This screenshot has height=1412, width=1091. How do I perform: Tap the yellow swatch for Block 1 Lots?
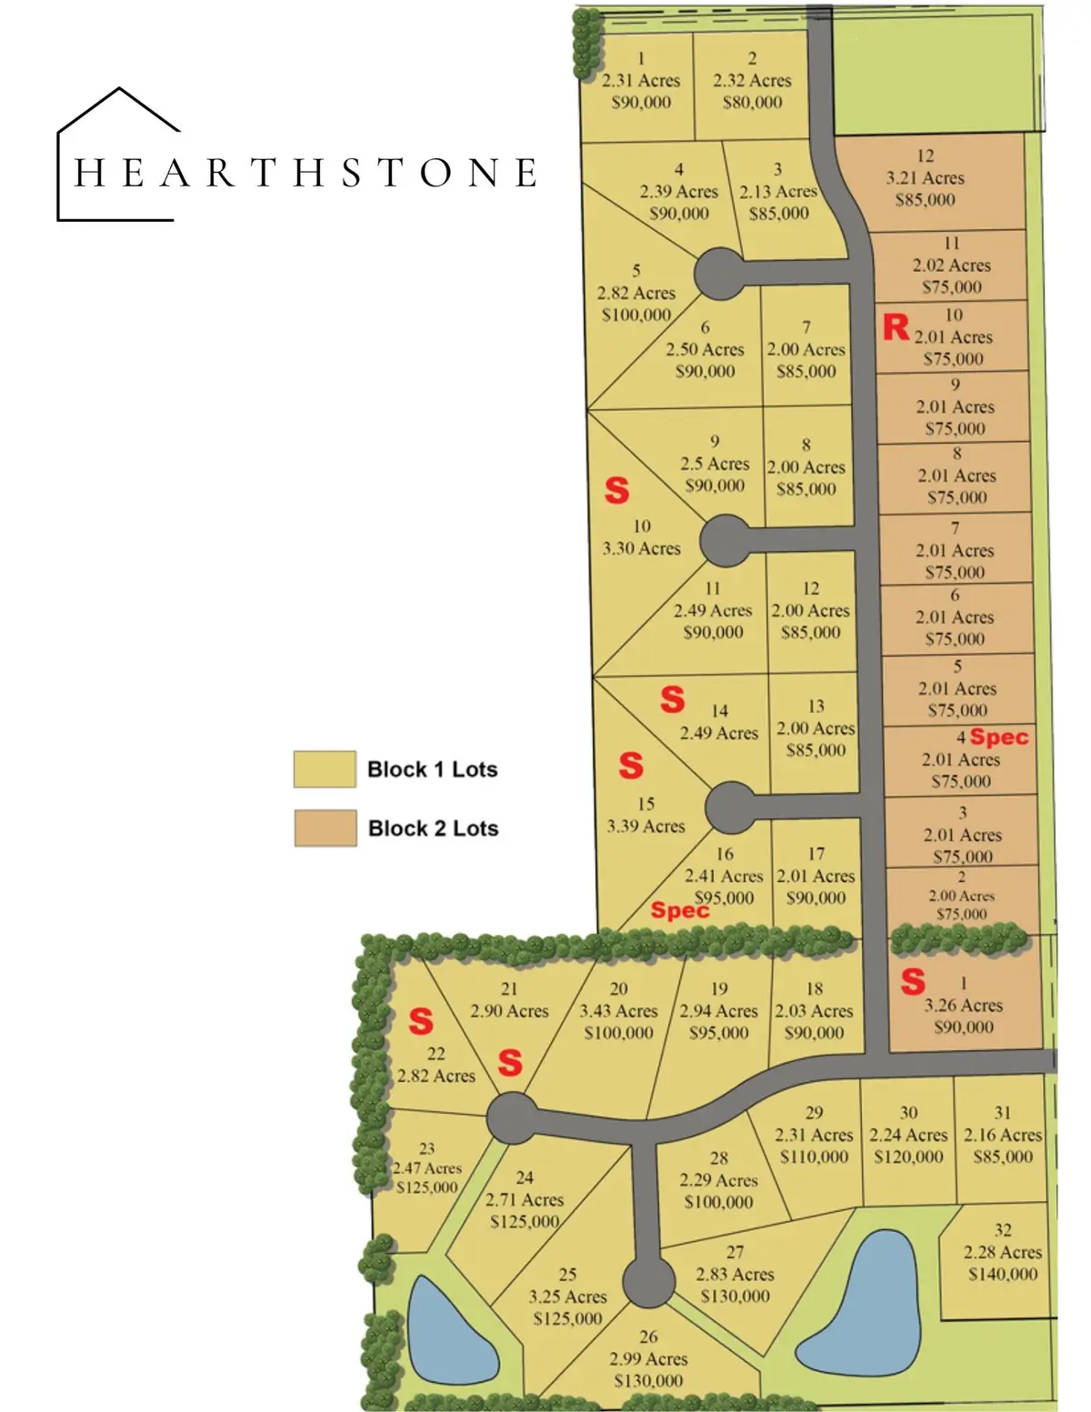click(x=324, y=769)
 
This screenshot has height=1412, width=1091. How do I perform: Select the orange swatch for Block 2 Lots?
click(x=325, y=828)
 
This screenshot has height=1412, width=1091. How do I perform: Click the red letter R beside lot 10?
click(x=896, y=327)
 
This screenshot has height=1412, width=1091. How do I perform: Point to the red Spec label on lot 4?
click(x=998, y=737)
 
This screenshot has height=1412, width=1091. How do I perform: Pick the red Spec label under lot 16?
click(x=679, y=910)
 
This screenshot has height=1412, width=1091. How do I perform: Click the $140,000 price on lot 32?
click(x=1002, y=1274)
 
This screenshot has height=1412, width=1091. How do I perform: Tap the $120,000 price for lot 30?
click(x=908, y=1157)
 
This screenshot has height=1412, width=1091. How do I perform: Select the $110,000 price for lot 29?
click(x=814, y=1157)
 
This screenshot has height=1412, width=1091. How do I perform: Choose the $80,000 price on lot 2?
click(x=752, y=102)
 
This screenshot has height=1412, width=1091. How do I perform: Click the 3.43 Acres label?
click(x=618, y=1011)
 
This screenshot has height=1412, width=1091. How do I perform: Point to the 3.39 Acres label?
click(x=646, y=826)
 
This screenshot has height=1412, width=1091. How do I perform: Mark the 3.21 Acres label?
click(x=925, y=178)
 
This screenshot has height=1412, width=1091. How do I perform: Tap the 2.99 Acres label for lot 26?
click(x=647, y=1358)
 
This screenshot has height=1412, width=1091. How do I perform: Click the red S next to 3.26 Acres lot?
click(x=913, y=982)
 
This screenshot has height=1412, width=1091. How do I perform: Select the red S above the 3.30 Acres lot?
click(x=616, y=491)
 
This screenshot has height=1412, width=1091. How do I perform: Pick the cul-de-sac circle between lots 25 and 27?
click(x=648, y=1281)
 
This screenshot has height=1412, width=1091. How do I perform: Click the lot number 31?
click(x=1002, y=1113)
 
